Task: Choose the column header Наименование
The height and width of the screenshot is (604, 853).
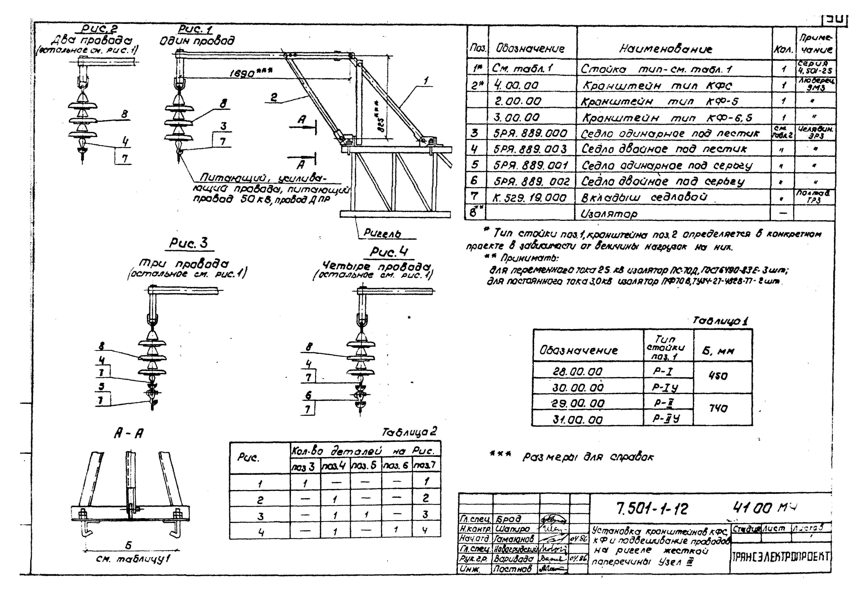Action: click(x=665, y=49)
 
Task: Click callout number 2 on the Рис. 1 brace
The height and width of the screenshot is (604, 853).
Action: click(x=274, y=97)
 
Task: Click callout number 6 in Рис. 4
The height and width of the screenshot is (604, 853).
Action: click(x=308, y=395)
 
